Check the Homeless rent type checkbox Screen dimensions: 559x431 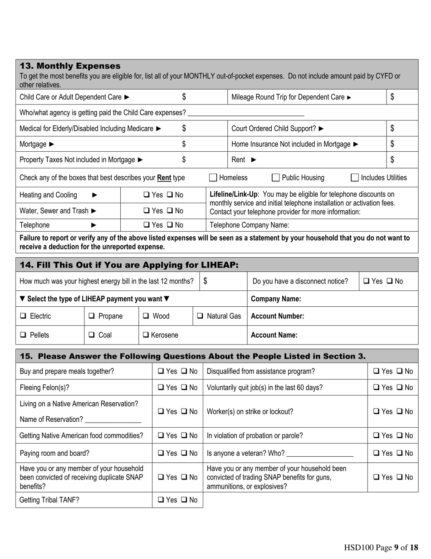click(213, 178)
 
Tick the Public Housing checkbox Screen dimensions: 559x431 click(275, 178)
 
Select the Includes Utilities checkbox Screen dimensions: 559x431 click(355, 178)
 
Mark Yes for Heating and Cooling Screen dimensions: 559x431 click(147, 195)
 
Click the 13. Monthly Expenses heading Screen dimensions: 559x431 click(70, 66)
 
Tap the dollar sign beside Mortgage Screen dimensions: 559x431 click(184, 144)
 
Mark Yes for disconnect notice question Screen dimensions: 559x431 click(367, 282)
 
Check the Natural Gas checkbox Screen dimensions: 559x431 click(200, 316)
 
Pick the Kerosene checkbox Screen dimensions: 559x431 click(146, 335)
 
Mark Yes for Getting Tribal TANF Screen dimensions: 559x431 click(161, 500)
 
